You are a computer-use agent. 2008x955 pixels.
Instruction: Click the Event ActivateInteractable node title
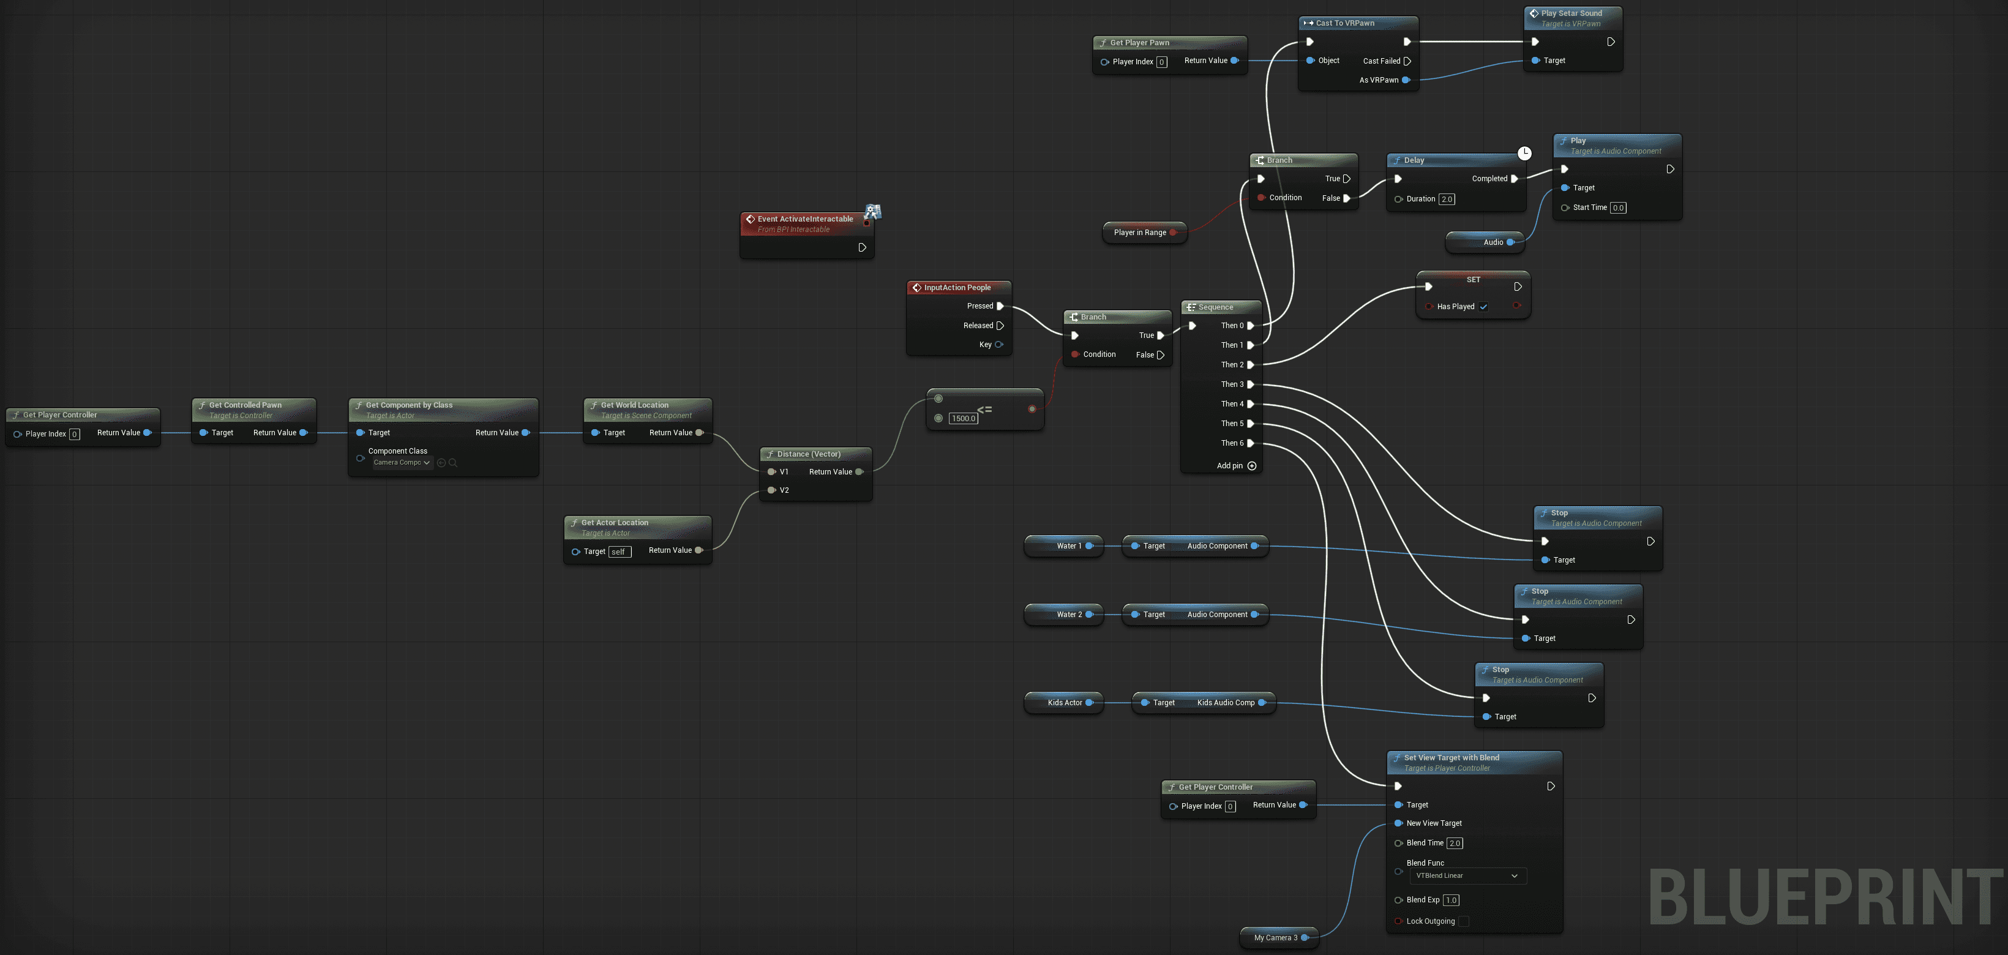(804, 219)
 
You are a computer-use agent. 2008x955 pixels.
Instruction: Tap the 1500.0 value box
(964, 419)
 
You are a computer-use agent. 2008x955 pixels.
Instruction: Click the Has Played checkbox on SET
(1483, 307)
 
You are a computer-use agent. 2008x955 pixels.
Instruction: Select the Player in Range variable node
(1140, 232)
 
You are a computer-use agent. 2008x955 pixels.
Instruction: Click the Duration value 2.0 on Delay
(1447, 200)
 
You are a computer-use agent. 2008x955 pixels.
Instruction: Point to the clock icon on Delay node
(1524, 154)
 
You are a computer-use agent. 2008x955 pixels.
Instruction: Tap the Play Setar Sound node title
(1571, 13)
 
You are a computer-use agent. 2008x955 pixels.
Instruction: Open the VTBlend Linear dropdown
(1467, 876)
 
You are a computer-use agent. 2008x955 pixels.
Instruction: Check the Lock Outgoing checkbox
(1463, 921)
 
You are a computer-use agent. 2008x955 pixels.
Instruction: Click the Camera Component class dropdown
(402, 463)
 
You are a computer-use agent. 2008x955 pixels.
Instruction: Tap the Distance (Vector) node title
(808, 454)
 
